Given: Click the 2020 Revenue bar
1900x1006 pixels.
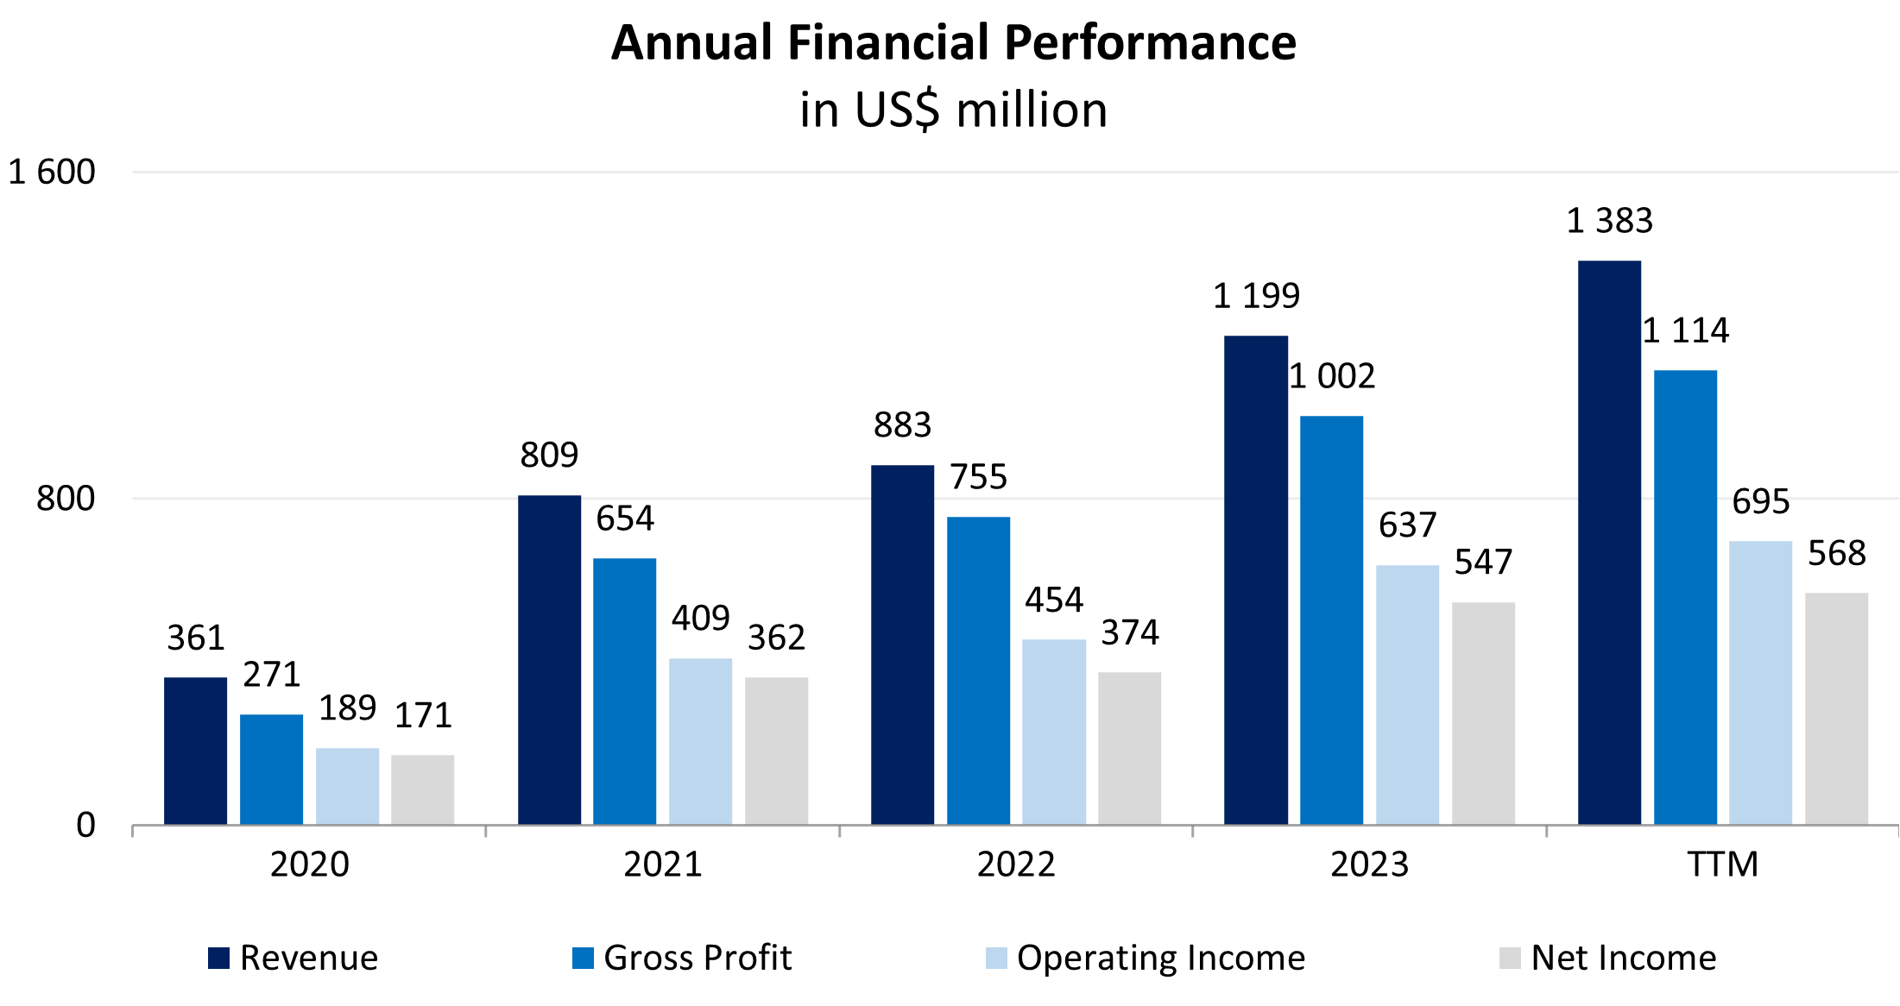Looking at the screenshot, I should click(195, 751).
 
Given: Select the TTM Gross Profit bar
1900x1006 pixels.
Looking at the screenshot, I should click(1685, 597).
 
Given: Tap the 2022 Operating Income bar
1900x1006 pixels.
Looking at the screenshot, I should click(1053, 732).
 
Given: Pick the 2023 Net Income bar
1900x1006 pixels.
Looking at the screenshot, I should click(1483, 713).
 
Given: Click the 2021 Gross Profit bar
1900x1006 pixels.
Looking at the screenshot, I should click(624, 691).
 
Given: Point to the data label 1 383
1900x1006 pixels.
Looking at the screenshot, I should click(1609, 221).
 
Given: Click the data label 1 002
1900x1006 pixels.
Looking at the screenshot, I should click(1332, 376).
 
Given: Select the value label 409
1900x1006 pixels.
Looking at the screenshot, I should click(700, 618).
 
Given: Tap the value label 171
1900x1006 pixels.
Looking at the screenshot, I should click(423, 715).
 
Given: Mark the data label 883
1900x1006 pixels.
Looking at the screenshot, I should click(902, 424).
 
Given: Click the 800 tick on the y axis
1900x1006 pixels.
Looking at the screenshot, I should click(66, 499).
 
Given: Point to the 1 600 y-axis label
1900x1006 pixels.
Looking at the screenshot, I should click(52, 172).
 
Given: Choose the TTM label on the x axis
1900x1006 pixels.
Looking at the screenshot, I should click(1722, 864).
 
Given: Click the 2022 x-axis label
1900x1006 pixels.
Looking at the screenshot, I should click(1016, 864).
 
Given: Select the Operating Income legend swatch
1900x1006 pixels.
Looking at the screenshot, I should click(996, 958).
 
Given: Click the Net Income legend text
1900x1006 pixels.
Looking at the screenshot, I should click(1623, 958).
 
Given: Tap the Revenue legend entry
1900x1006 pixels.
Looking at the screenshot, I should click(294, 958).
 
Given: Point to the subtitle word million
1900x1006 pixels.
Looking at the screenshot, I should click(1032, 110).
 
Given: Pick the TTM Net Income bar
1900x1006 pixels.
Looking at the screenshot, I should click(1836, 708).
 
